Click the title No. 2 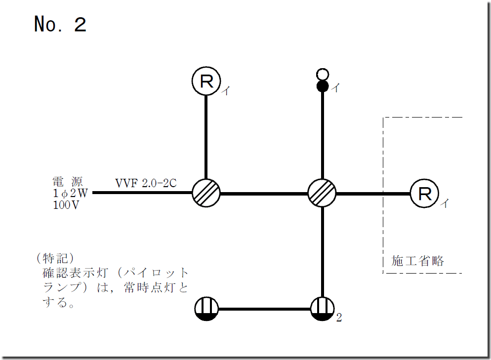[60, 24]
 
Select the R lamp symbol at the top [206, 81]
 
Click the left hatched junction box [206, 193]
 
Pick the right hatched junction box [322, 193]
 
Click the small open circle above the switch [323, 75]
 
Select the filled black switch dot [323, 86]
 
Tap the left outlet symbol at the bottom [206, 310]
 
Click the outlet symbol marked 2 [322, 310]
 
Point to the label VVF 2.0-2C [146, 183]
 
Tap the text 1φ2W [69, 193]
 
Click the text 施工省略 [418, 261]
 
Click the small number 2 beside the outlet [339, 318]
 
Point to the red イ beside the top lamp [225, 90]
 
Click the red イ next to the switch [335, 88]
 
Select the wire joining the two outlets [264, 310]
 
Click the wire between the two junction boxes [264, 193]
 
